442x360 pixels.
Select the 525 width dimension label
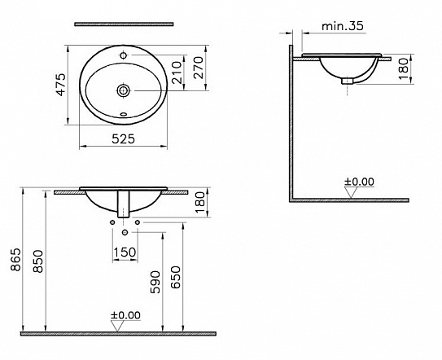pyautogui.click(x=123, y=140)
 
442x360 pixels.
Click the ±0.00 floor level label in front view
pyautogui.click(x=125, y=314)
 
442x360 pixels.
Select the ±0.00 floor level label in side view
pyautogui.click(x=359, y=181)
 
